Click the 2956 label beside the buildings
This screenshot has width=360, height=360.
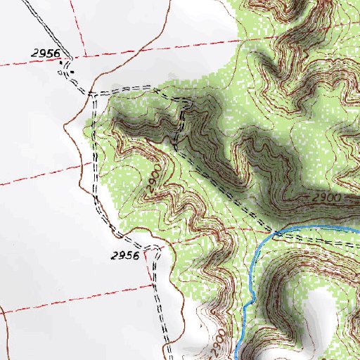46,53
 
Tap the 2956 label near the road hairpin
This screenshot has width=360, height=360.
125,255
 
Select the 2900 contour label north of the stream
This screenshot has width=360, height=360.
324,200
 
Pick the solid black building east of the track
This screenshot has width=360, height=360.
73,72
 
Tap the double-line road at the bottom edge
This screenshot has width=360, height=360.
169,356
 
